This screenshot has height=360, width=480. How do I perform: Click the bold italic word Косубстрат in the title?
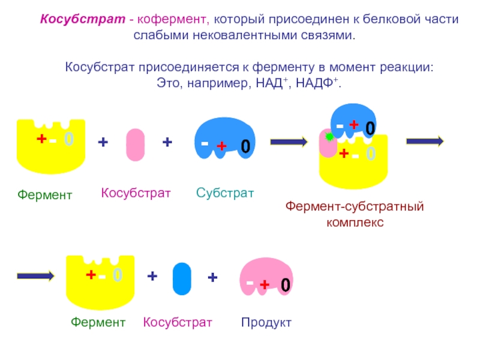coord(83,19)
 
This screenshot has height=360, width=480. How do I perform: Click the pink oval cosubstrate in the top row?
coord(136,145)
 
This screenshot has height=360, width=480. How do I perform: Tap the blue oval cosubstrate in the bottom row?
coord(182,278)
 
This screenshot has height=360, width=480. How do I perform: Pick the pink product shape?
coord(266,277)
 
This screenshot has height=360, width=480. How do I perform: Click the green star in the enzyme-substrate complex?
coord(329,137)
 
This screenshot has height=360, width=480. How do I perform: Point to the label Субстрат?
coord(225,193)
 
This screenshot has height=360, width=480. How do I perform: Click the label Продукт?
coord(266,322)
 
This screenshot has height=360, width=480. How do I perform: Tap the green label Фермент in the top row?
coord(44,194)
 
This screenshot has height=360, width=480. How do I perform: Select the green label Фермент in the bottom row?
coord(98,322)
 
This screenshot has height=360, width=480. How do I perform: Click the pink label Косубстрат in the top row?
coord(136,193)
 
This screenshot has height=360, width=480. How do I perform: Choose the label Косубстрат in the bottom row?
coord(178,322)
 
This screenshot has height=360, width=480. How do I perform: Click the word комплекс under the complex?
coord(355,222)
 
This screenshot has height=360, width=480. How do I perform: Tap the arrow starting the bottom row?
coord(36,276)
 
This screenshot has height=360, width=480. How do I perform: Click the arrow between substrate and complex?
coord(289,142)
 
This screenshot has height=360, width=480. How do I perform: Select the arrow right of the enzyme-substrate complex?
coord(425,141)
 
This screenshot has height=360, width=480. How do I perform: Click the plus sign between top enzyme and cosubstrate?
coord(103,142)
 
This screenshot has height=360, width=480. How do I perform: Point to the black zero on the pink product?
coord(286,284)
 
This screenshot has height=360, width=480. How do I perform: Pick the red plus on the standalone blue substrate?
coord(221,146)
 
